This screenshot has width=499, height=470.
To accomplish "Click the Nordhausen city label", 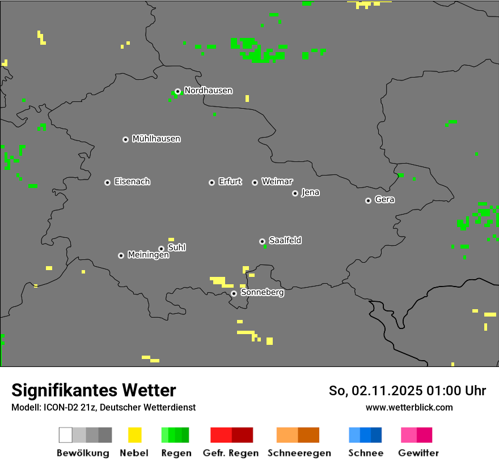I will point(208,91).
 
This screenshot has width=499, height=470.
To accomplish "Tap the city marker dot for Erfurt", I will point(212,182).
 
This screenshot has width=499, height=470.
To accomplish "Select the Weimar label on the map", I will point(277,182).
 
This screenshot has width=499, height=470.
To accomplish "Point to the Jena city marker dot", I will point(295,193).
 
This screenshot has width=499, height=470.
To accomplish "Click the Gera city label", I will point(384,200).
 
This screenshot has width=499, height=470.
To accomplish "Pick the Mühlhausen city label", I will point(156,139).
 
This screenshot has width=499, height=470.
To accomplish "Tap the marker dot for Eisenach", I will point(107,182).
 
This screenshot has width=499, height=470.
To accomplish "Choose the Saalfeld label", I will point(285,241).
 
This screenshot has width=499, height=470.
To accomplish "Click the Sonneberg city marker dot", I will point(234,293).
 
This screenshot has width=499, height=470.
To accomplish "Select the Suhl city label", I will point(177,247).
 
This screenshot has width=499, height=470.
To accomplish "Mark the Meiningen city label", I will point(149,255).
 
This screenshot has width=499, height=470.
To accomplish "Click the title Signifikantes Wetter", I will point(94,390).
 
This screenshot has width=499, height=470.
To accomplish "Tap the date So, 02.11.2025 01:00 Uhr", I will point(407,391).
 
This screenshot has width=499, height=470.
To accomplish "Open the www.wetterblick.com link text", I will point(409,407).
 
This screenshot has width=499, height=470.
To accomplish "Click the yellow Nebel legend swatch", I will point(134,435).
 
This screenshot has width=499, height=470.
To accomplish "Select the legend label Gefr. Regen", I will point(231,453).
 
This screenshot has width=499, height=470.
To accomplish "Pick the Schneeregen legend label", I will point(299,453).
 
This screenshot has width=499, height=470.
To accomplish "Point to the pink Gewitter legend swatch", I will point(416,435).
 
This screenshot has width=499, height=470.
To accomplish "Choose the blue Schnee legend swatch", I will point(365,435).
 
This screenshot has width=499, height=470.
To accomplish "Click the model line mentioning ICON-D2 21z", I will point(103,407).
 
